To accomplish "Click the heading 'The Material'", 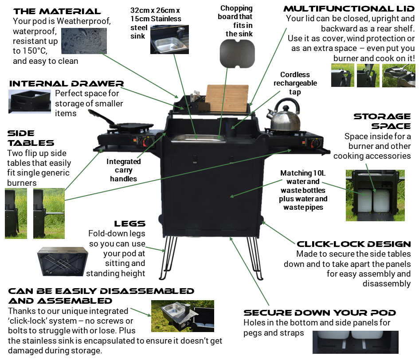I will [x=57, y=11].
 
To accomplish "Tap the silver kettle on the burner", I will [x=283, y=116].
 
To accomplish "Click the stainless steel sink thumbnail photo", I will [x=170, y=39].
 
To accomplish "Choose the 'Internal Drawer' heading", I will [x=67, y=84].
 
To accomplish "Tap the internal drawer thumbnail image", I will [x=29, y=101].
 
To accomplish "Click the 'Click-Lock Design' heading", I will [x=354, y=244].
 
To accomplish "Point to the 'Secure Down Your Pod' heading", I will [x=320, y=313].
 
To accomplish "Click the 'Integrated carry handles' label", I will [x=124, y=170].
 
